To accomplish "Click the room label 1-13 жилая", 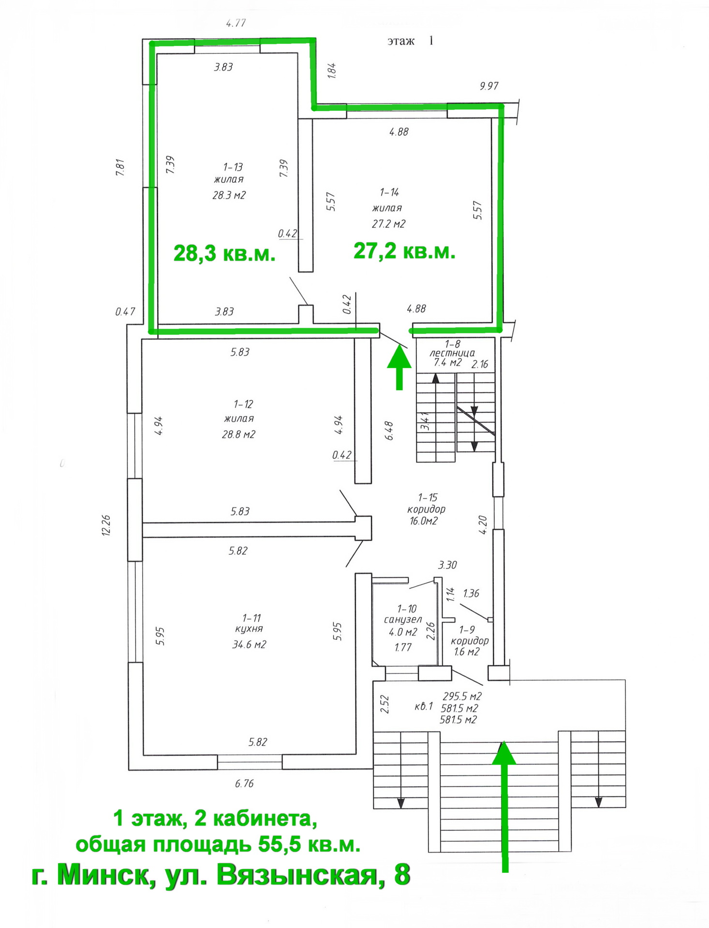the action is pyautogui.click(x=229, y=173).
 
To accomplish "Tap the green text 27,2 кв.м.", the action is pyautogui.click(x=404, y=251).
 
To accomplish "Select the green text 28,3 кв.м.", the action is pyautogui.click(x=224, y=253).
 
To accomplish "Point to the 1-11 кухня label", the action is pyautogui.click(x=250, y=623).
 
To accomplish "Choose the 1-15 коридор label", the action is pyautogui.click(x=426, y=503).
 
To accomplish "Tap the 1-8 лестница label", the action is pyautogui.click(x=452, y=348).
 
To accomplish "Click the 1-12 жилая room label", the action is pyautogui.click(x=239, y=411).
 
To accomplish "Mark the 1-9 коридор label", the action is pyautogui.click(x=470, y=635).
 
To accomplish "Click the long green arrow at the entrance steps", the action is pyautogui.click(x=504, y=807).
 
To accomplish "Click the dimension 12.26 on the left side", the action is pyautogui.click(x=106, y=525).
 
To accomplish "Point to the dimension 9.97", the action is pyautogui.click(x=489, y=86).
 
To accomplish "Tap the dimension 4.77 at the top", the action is pyautogui.click(x=236, y=23).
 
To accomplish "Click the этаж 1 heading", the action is pyautogui.click(x=410, y=41).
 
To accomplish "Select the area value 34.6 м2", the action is pyautogui.click(x=249, y=644).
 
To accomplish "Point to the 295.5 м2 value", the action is pyautogui.click(x=462, y=696).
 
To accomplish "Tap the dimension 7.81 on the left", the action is pyautogui.click(x=120, y=167).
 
